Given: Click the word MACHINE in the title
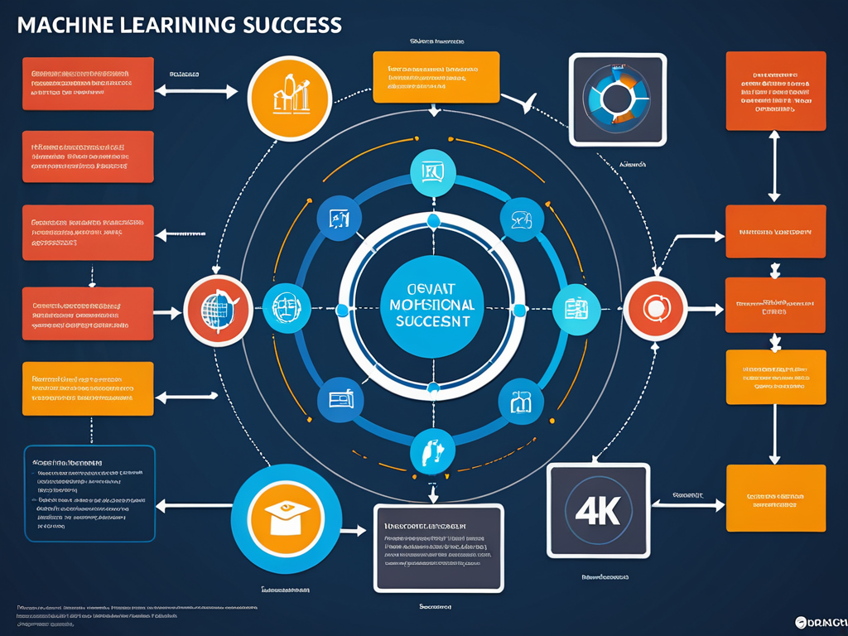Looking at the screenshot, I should point(65,25).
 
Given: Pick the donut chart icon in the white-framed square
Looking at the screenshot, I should point(618,99).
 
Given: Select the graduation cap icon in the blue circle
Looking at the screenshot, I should point(287,518).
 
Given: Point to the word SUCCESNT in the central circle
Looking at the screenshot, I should point(431,320).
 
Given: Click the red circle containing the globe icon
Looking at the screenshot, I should point(217,311).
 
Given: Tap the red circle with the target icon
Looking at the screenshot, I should point(655,309).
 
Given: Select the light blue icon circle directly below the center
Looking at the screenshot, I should point(433,452).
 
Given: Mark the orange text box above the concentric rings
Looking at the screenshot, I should point(436,77).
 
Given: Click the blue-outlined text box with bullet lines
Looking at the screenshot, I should point(89,494).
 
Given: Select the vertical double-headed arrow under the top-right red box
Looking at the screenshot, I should point(774,166).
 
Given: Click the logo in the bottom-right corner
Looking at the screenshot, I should point(821,622).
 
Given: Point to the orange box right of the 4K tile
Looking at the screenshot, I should point(775,498).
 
